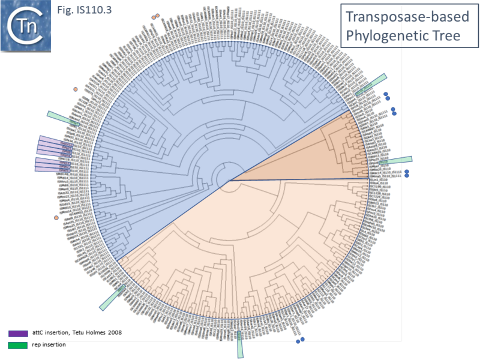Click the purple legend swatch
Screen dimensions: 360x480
(x=19, y=332)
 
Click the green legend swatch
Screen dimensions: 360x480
(x=19, y=344)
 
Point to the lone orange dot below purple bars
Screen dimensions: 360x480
(x=56, y=217)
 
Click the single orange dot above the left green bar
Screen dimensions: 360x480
(x=75, y=89)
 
